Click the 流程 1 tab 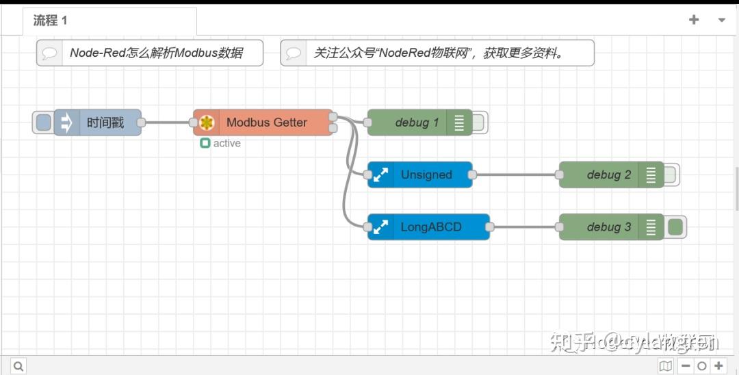coord(51,21)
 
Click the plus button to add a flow coord(694,20)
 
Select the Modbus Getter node coord(266,122)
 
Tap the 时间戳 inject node coord(105,123)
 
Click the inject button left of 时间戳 coord(43,123)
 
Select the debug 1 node coord(416,122)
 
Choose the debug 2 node coord(608,174)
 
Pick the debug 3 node coord(608,227)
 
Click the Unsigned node coord(426,174)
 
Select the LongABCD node coord(431,227)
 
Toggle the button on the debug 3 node coord(675,227)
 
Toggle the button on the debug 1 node coord(478,123)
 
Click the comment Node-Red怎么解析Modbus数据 coord(155,53)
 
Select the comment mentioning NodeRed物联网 coord(438,53)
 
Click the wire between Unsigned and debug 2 coord(516,174)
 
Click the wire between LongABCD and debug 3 coord(524,227)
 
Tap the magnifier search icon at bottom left coord(18,366)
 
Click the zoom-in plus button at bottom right coord(718,366)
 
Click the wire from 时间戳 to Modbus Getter coord(167,123)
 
